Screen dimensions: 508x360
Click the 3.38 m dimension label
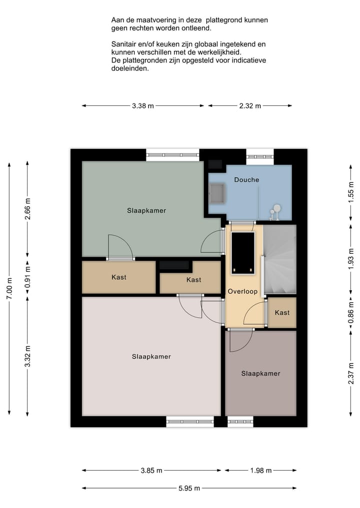point(143,106)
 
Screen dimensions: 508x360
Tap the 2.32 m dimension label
point(250,106)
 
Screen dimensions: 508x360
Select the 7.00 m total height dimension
point(9,289)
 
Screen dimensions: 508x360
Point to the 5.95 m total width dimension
point(189,489)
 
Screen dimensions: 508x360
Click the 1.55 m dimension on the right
point(351,191)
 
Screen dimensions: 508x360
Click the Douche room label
point(246,179)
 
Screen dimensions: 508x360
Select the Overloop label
point(242,291)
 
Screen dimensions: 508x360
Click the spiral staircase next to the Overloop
point(279,259)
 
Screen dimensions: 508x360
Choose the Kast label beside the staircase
point(282,313)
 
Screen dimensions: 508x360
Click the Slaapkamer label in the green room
point(146,210)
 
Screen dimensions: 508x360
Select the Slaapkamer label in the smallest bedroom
point(260,373)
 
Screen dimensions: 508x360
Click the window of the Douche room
point(260,156)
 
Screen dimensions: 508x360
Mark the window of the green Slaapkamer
point(172,155)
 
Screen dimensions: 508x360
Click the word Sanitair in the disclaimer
point(125,44)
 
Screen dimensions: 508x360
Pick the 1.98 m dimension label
point(260,471)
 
